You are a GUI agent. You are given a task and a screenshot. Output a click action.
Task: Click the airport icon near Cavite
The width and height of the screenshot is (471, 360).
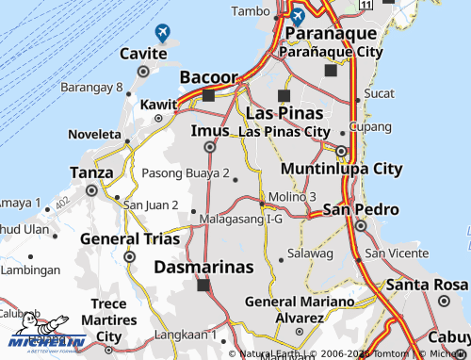[163, 33]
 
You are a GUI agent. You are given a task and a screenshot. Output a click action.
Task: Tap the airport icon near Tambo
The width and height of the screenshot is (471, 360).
[298, 16]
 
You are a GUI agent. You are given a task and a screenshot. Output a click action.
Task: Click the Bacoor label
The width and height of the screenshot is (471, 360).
[208, 75]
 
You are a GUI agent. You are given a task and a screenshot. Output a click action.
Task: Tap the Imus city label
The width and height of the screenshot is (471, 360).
[209, 130]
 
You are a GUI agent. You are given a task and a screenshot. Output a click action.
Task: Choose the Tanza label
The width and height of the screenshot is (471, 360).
[91, 172]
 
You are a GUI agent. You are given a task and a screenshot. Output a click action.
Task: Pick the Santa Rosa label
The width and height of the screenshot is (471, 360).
[426, 285]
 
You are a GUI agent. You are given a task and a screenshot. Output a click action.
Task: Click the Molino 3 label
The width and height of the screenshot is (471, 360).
[292, 195]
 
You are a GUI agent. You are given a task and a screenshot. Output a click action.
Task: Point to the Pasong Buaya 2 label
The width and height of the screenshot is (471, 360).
[186, 173]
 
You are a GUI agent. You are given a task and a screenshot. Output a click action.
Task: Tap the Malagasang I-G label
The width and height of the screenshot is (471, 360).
[241, 220]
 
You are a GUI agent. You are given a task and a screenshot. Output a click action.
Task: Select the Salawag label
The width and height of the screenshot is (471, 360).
[310, 254]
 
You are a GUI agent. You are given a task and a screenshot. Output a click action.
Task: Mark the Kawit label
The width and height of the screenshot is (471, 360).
[154, 104]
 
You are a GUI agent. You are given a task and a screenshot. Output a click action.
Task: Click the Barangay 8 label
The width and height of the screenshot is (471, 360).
[92, 88]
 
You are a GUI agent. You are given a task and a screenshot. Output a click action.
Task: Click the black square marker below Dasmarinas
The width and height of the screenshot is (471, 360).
[203, 285]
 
